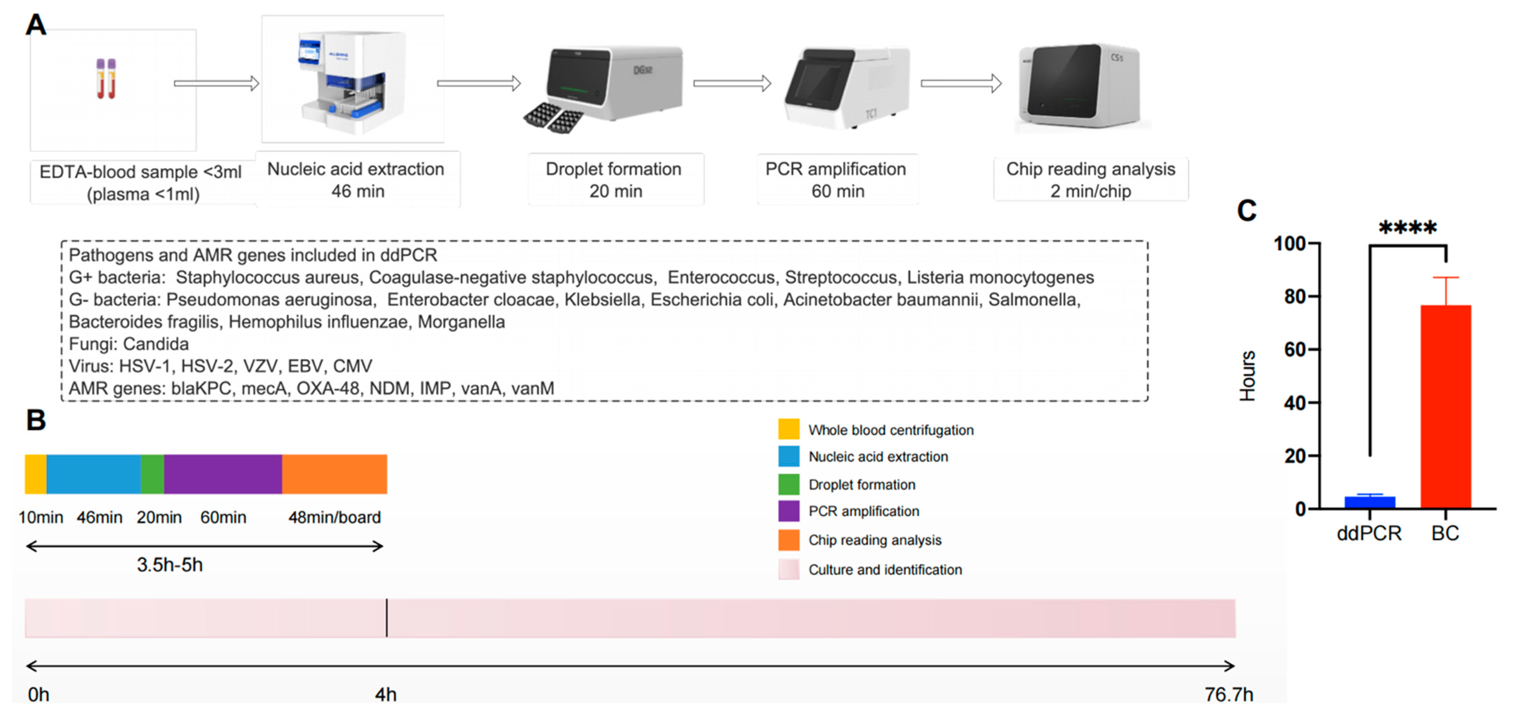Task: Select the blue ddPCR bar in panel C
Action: click(1370, 502)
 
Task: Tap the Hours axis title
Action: click(1247, 376)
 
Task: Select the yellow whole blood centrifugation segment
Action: click(35, 474)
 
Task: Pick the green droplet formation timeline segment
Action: click(152, 474)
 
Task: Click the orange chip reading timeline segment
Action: click(334, 474)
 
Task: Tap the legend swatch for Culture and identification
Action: click(788, 569)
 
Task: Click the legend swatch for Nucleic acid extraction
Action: click(788, 456)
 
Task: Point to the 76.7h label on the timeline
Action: click(1229, 694)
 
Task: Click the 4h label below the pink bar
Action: click(386, 694)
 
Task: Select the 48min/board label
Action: click(334, 517)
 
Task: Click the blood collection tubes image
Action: click(106, 79)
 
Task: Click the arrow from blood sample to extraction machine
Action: click(216, 84)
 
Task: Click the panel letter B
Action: click(36, 420)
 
